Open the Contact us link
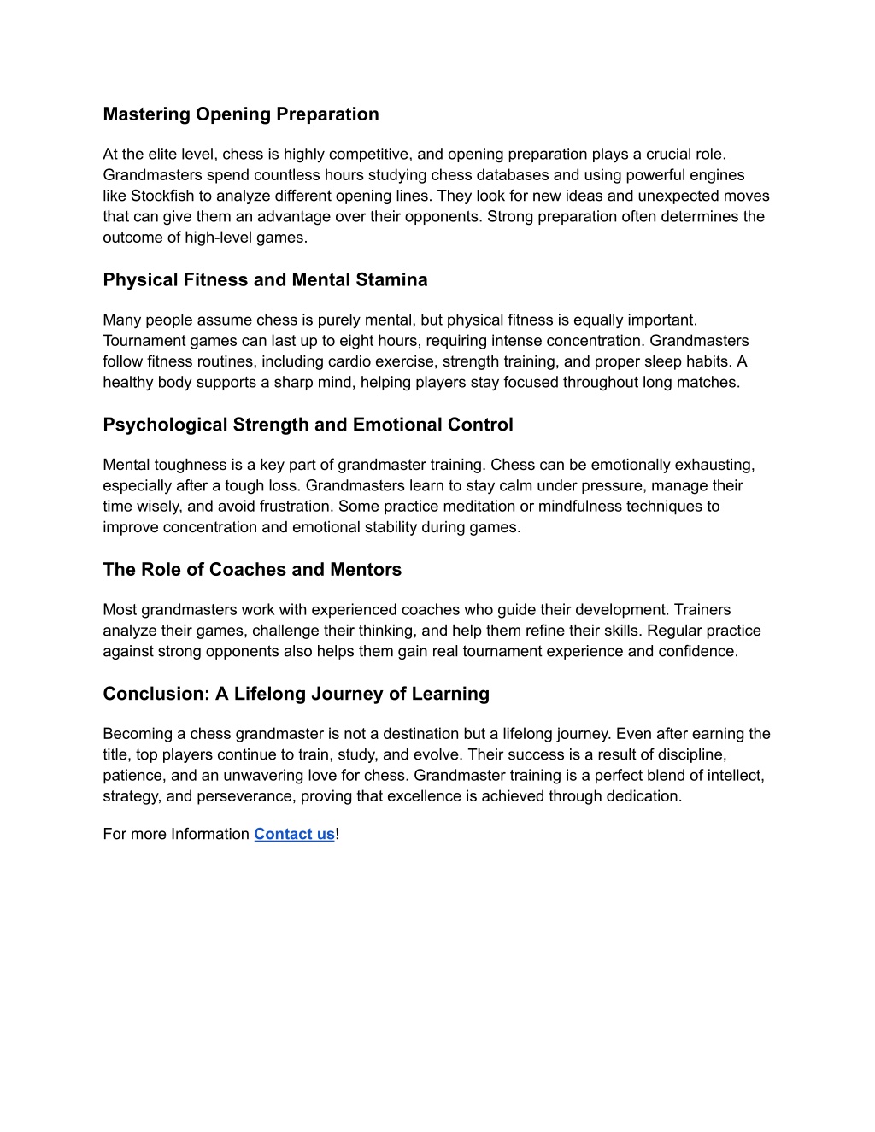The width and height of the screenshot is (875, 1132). tap(294, 834)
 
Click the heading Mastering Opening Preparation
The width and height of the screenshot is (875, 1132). tap(241, 114)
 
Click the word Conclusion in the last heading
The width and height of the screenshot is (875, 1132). tap(156, 694)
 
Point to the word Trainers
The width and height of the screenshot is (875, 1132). tap(702, 610)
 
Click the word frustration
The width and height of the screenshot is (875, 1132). tap(293, 507)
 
